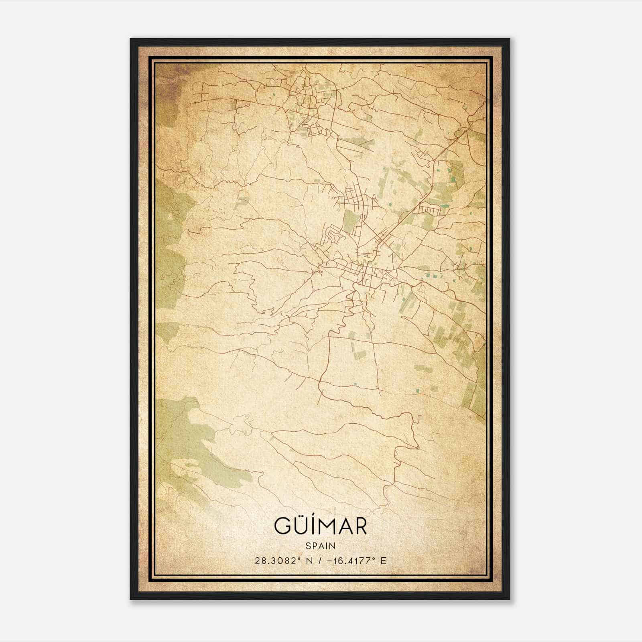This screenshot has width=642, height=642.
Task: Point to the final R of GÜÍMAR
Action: [x=360, y=526]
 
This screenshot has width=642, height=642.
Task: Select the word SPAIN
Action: [x=321, y=546]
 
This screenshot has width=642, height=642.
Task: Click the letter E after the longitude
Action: [x=384, y=561]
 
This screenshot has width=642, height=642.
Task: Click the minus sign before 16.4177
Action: [x=330, y=561]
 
